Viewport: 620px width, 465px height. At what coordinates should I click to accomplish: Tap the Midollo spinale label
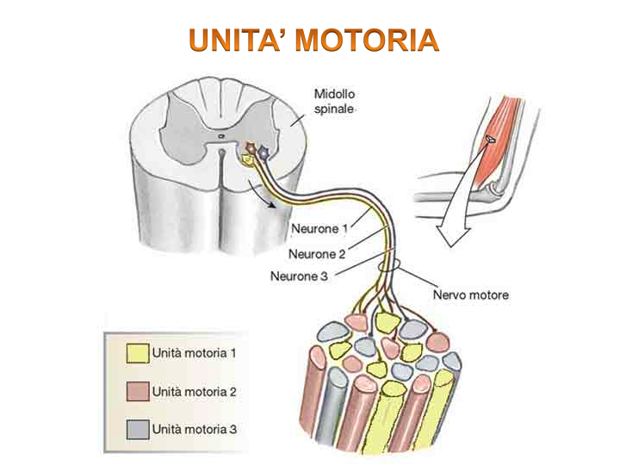tap(334, 102)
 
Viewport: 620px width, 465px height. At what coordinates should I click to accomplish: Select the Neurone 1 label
tap(321, 229)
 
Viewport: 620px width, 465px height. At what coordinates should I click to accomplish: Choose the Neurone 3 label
tap(299, 276)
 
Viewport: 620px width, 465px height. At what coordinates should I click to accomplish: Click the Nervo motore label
tap(470, 294)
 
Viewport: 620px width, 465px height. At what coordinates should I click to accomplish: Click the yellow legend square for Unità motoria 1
tap(137, 354)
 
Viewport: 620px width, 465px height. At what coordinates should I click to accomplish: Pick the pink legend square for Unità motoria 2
tap(137, 391)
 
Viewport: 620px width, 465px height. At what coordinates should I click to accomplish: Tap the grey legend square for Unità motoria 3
tap(137, 428)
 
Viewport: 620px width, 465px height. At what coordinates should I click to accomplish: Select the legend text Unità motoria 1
tap(194, 353)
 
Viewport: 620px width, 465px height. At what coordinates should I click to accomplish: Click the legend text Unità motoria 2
tap(194, 391)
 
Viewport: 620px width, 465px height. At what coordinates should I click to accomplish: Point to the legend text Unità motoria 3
tap(194, 428)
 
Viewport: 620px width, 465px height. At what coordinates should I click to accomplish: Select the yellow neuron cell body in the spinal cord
tap(247, 159)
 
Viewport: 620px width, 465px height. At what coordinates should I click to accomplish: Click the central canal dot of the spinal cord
tap(220, 135)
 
